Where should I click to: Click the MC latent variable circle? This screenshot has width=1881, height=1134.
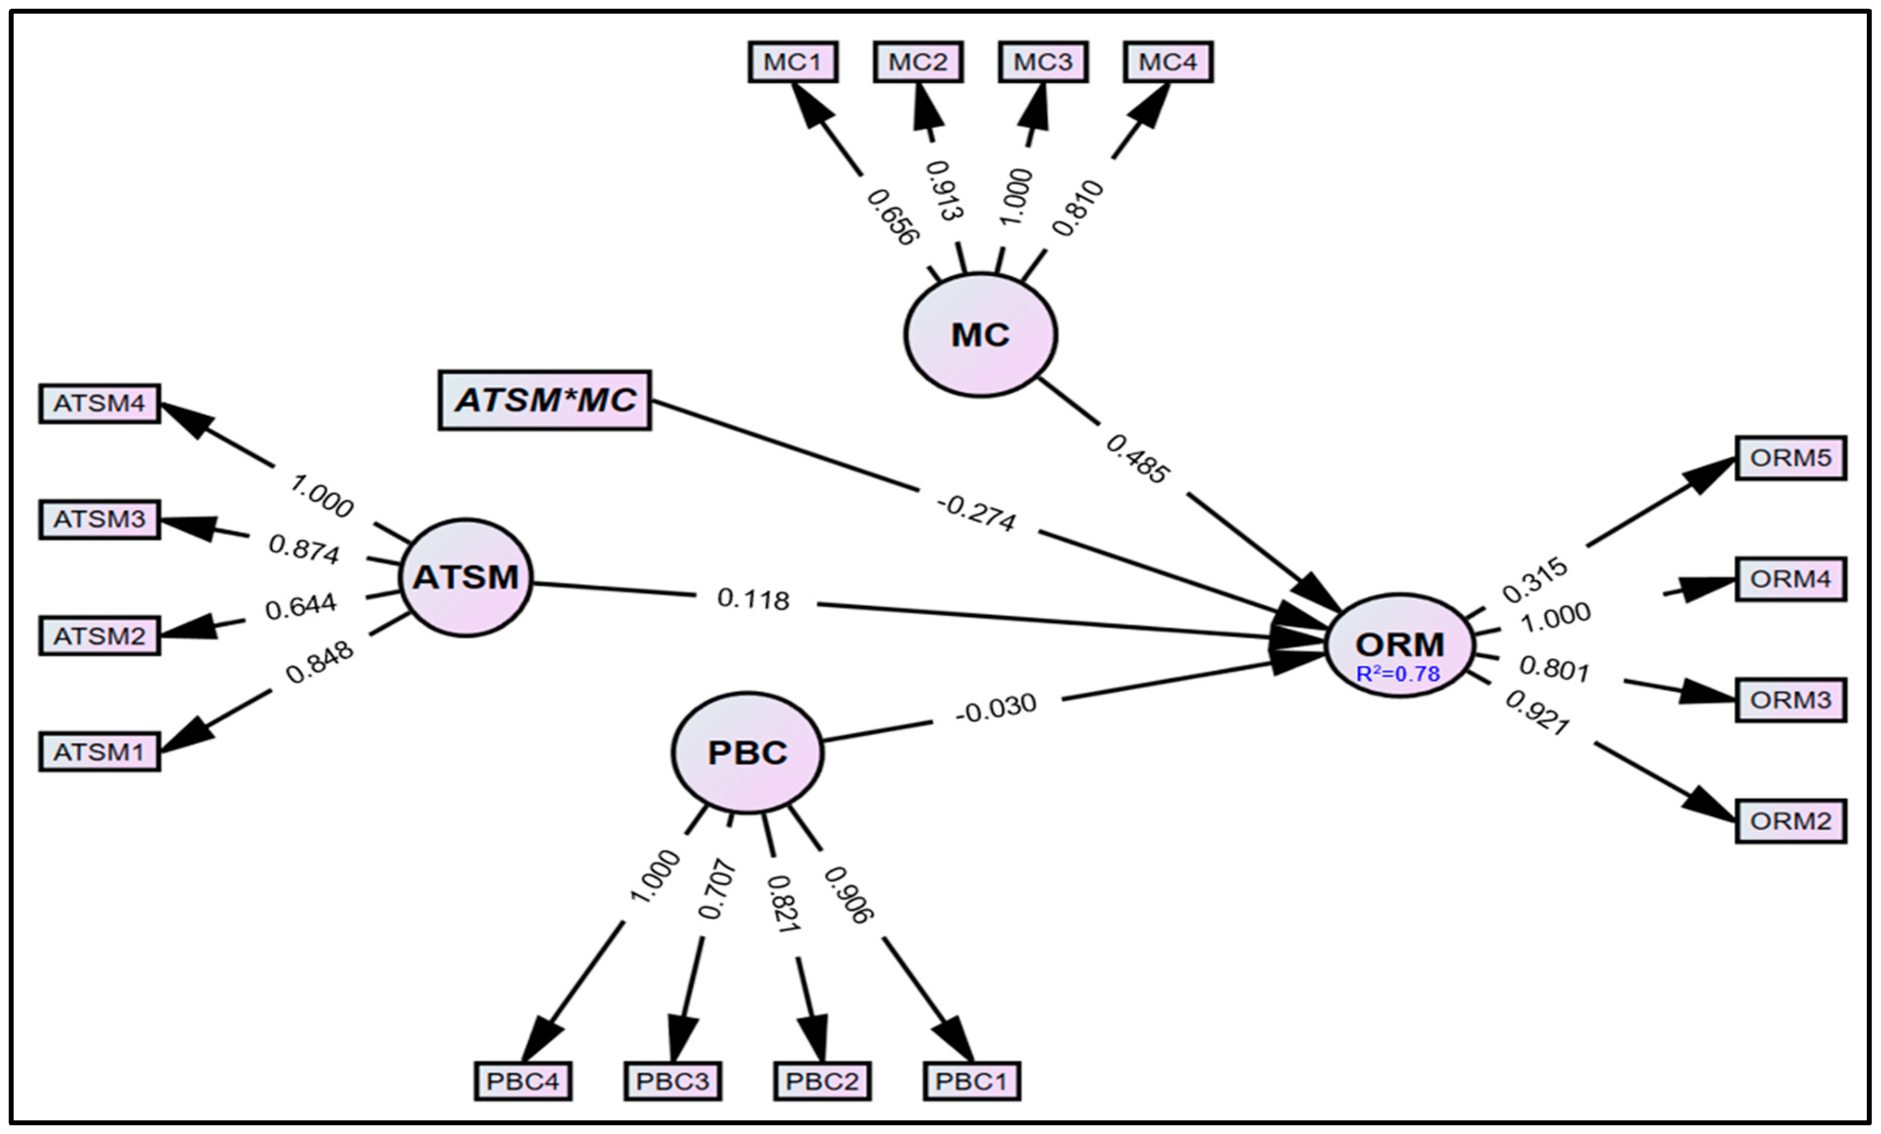point(980,335)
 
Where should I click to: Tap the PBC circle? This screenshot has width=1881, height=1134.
point(747,753)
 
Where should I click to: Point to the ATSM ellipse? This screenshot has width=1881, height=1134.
point(466,577)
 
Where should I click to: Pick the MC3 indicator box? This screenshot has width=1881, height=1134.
point(1043,62)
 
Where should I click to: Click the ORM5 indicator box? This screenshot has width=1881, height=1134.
point(1790,458)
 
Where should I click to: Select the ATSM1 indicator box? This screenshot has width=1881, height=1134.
point(99,752)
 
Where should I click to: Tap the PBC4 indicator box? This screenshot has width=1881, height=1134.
point(523,1081)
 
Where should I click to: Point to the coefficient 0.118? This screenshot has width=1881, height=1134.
point(753,599)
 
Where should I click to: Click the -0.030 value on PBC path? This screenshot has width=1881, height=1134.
point(996,708)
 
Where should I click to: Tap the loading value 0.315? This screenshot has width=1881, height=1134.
point(1535,580)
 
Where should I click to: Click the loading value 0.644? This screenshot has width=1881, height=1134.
point(300,606)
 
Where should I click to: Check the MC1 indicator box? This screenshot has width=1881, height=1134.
point(793,62)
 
